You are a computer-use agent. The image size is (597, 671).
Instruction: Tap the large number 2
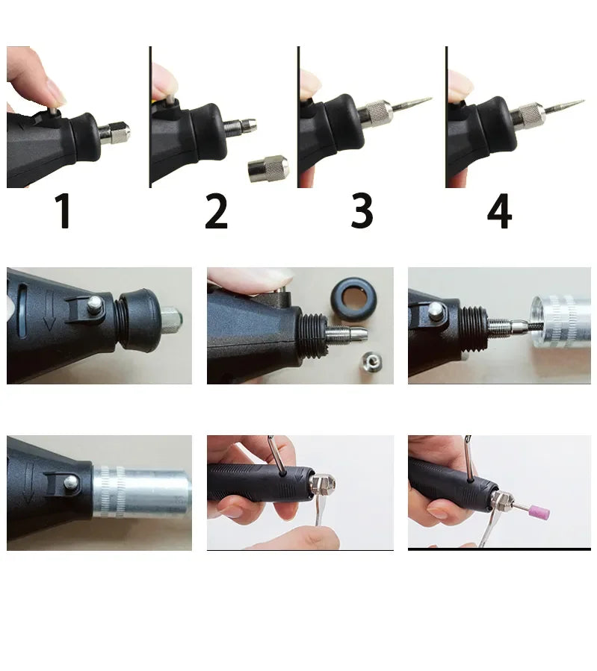click(x=216, y=212)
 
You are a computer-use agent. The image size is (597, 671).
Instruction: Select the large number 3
click(x=362, y=212)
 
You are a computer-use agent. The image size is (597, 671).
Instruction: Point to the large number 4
click(x=499, y=212)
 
